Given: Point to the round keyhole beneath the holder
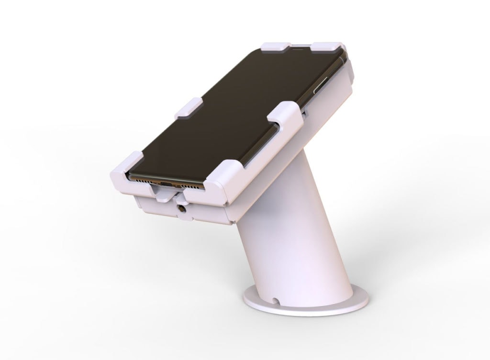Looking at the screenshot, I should pyautogui.click(x=182, y=208).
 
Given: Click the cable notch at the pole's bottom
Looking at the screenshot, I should pyautogui.click(x=276, y=301).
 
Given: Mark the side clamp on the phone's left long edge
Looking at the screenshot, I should pyautogui.click(x=189, y=108).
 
